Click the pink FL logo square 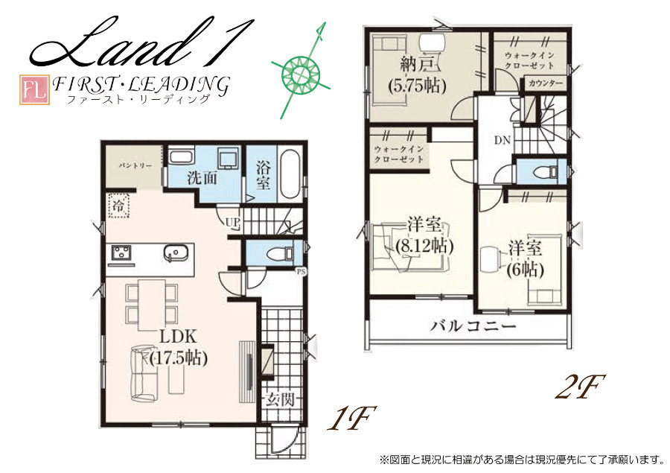point(34,90)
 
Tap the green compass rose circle point(301,74)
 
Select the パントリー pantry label point(135,165)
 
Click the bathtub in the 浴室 point(290,174)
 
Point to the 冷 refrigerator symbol point(118,206)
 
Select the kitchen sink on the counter point(175,253)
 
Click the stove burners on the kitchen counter point(122,253)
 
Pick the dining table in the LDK point(152,304)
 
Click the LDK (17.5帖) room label point(179,348)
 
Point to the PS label point(301,270)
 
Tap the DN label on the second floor point(502,140)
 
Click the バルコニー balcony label point(473,327)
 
